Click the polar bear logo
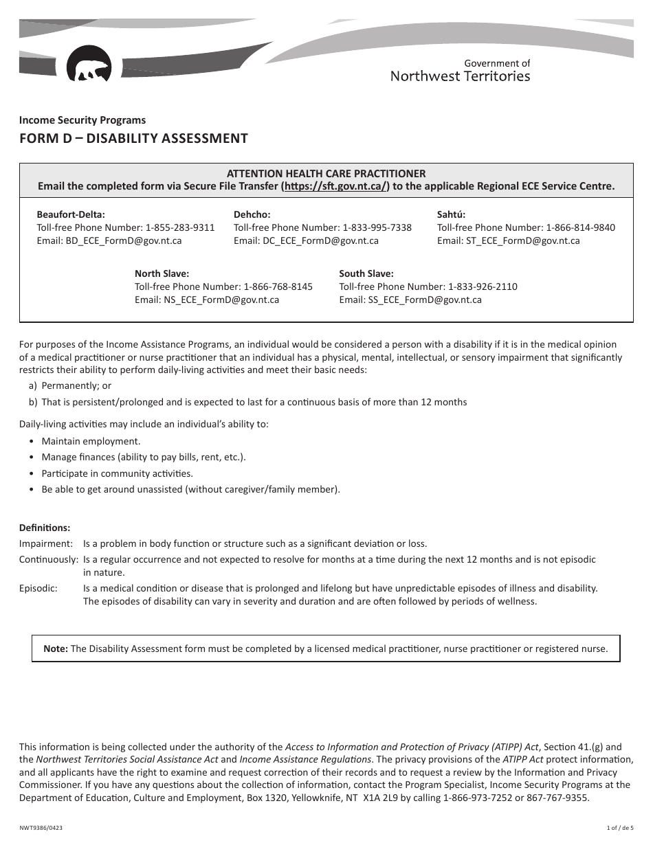click(89, 64)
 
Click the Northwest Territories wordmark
click(460, 76)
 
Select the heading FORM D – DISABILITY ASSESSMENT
click(133, 138)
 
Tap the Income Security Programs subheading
click(82, 120)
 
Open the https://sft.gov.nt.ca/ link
click(337, 186)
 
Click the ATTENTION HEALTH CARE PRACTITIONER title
click(326, 174)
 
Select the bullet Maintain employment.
click(91, 441)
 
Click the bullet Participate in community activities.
click(117, 473)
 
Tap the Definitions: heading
click(45, 528)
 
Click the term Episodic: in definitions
click(38, 588)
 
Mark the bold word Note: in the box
click(56, 648)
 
